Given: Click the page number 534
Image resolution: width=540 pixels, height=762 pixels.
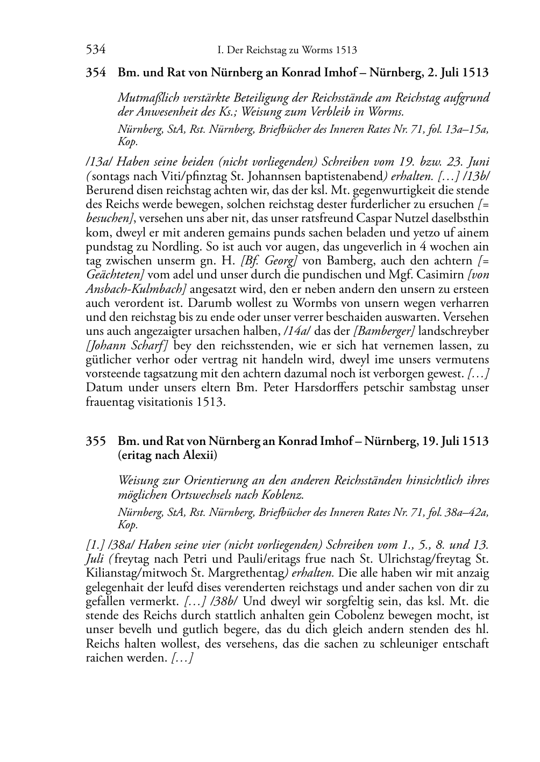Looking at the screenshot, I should point(96,50).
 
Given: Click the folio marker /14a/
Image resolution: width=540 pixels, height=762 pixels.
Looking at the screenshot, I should point(298,330).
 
